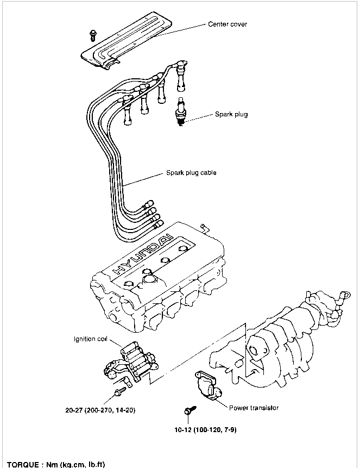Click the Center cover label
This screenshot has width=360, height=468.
point(228,24)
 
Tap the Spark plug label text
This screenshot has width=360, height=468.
point(231,114)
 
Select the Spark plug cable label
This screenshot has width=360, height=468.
point(191,172)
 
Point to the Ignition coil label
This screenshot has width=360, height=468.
point(90,339)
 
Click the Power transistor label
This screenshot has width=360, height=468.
point(254,408)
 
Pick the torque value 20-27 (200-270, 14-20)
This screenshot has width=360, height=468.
point(100,410)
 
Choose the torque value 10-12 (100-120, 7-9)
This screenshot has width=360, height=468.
point(205,430)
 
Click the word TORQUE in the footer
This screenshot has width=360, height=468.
point(23,464)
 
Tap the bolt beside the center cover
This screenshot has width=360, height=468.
point(93,35)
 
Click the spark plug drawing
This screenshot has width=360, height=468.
point(181,111)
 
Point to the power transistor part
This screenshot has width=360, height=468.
point(208,385)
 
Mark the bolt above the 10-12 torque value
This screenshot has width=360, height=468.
point(190,410)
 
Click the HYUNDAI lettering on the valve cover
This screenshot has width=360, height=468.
point(143,254)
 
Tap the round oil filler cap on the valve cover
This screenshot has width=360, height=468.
point(150,280)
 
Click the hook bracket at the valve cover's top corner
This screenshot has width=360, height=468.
point(205,228)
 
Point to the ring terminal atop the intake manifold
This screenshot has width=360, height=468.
point(346,296)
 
